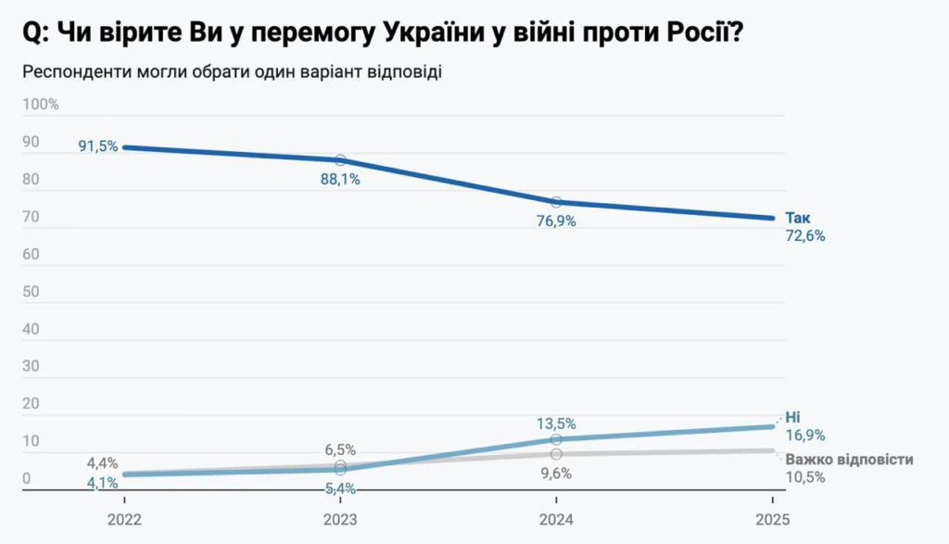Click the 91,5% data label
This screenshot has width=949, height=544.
[98, 146]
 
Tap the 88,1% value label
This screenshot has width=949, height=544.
[340, 180]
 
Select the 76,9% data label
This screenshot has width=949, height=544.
[556, 222]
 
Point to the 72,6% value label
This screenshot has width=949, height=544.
[804, 235]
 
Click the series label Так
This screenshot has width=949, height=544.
[798, 218]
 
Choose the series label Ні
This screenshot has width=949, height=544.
[792, 417]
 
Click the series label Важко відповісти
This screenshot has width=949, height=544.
[849, 460]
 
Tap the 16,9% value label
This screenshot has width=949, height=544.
[804, 435]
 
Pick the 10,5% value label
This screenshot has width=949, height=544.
[804, 477]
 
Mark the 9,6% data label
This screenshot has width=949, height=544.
[556, 473]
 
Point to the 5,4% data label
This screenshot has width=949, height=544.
[340, 487]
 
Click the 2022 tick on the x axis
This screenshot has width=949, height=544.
[124, 519]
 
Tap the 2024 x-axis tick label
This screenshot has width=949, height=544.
[556, 519]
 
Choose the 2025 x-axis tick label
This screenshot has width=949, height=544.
[771, 519]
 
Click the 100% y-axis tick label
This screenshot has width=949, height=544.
[40, 105]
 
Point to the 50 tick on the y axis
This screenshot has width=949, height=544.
[32, 292]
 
